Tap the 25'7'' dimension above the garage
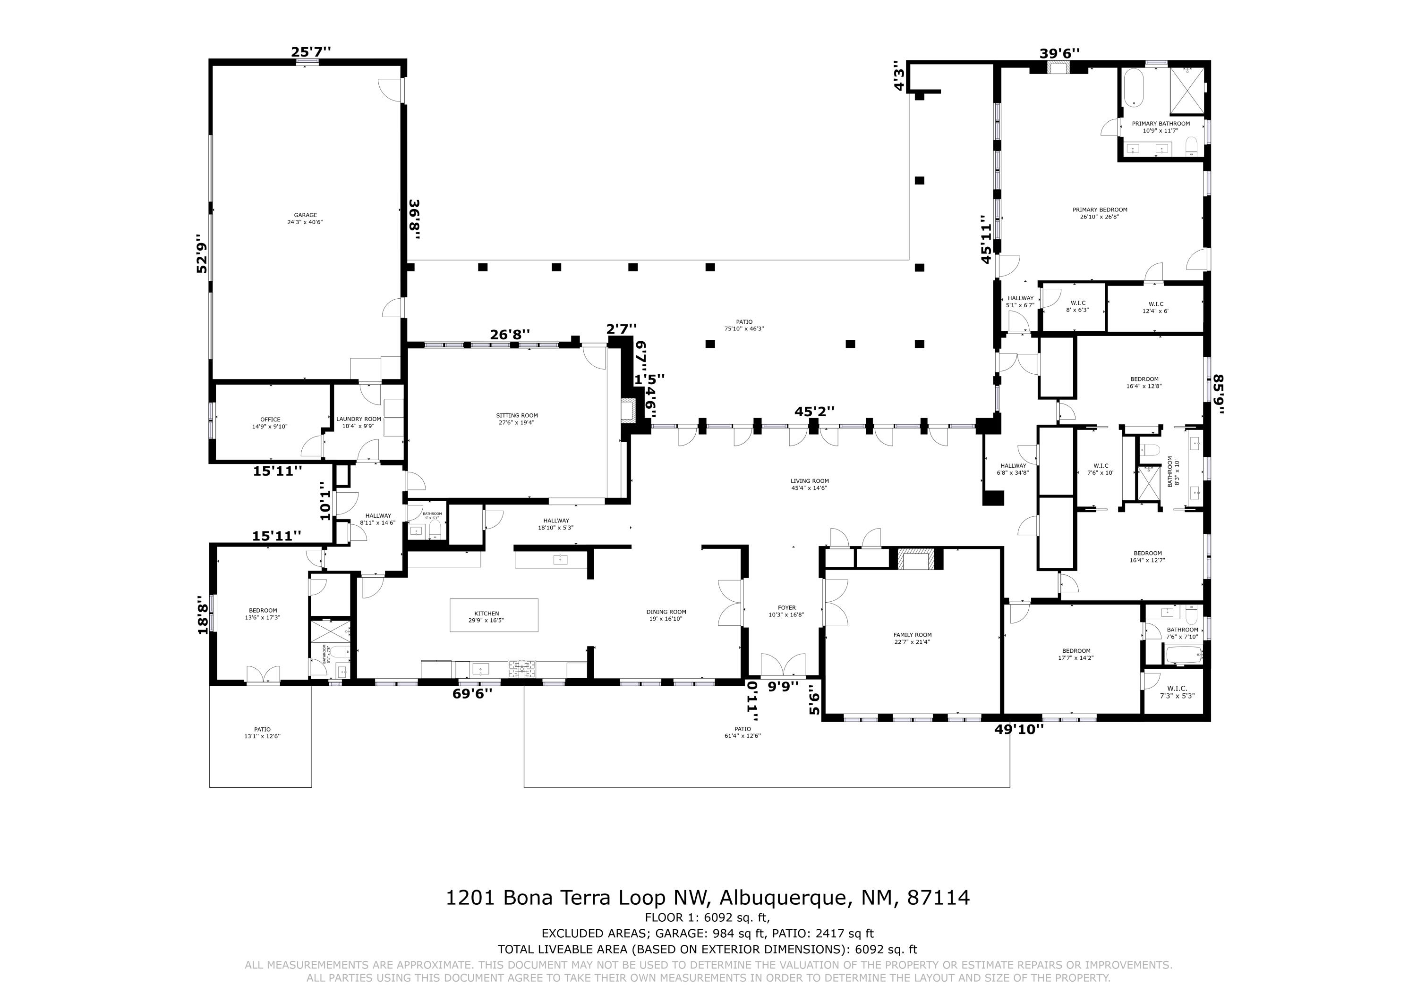click(311, 52)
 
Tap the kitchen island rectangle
click(494, 615)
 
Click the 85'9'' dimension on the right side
click(1218, 395)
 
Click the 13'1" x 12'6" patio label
click(262, 733)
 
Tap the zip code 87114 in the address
click(938, 897)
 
